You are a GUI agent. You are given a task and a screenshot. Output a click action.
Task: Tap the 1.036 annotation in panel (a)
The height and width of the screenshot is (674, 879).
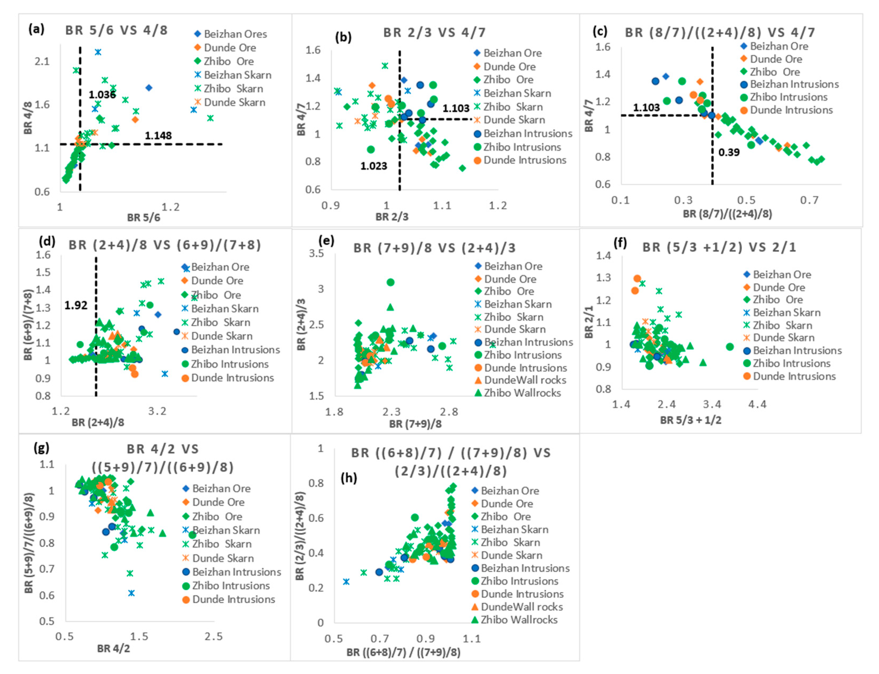[102, 95]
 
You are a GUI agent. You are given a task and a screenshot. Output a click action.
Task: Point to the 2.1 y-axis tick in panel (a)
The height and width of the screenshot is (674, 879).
[42, 61]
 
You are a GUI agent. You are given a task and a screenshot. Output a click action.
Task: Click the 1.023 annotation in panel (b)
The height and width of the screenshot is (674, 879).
[374, 166]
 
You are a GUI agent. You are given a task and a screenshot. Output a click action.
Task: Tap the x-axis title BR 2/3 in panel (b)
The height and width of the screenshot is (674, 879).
[392, 217]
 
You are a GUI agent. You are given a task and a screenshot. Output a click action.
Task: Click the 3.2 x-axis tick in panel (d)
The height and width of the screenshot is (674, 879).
[157, 411]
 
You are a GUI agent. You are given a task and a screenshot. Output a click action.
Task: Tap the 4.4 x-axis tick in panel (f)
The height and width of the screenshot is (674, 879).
[757, 404]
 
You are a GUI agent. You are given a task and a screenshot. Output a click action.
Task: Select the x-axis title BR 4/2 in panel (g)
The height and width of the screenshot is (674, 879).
[114, 648]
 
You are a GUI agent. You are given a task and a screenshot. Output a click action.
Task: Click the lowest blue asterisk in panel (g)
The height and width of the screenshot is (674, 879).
[131, 593]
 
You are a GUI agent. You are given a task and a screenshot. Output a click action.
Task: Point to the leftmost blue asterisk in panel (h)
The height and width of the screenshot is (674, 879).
[346, 582]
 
